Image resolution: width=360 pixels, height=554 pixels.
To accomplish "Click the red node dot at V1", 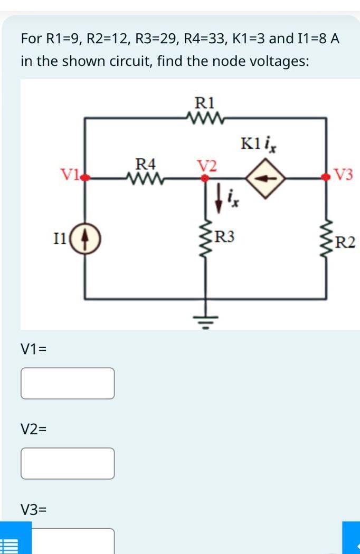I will (x=86, y=178).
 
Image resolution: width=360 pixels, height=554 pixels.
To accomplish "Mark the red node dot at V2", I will (x=205, y=178).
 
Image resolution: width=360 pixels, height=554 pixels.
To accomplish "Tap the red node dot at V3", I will (x=329, y=178).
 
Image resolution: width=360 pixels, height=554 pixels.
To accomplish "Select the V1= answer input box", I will (x=68, y=383).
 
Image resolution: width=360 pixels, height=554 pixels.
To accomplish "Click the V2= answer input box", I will (x=68, y=463).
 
